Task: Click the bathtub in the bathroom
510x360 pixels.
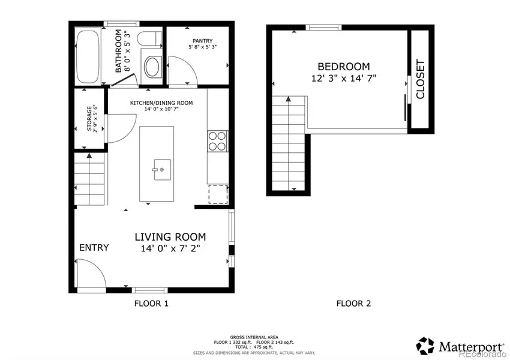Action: pyautogui.click(x=88, y=56)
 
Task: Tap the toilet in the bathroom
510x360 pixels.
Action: pyautogui.click(x=149, y=40)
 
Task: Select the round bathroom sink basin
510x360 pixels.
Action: pyautogui.click(x=152, y=67)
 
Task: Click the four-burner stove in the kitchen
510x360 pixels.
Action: pyautogui.click(x=217, y=141)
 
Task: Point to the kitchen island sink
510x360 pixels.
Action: pyautogui.click(x=162, y=169)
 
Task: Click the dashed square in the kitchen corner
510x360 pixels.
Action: pyautogui.click(x=218, y=194)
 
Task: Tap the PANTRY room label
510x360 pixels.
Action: pyautogui.click(x=202, y=41)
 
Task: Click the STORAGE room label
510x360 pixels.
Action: pyautogui.click(x=89, y=118)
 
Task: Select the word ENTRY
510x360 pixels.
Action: pyautogui.click(x=94, y=247)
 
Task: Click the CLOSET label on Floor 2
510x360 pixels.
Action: pyautogui.click(x=420, y=79)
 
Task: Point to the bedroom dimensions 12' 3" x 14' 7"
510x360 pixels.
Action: pyautogui.click(x=344, y=78)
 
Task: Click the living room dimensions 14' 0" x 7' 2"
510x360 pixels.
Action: pyautogui.click(x=170, y=248)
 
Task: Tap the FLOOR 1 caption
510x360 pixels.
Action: pyautogui.click(x=151, y=304)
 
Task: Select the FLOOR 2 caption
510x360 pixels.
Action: pyautogui.click(x=353, y=304)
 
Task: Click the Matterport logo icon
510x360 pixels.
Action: pyautogui.click(x=425, y=346)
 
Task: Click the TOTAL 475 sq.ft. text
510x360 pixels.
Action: pyautogui.click(x=254, y=347)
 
